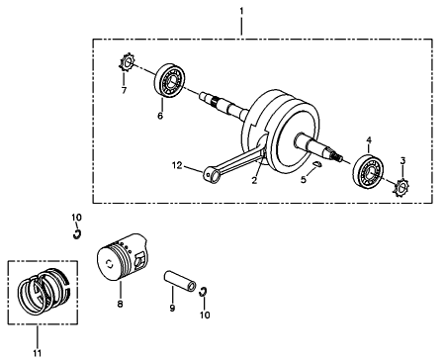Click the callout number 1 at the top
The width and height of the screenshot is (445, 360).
(x=241, y=11)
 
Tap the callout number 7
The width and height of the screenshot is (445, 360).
(x=124, y=90)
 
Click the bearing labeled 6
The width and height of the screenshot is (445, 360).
(x=170, y=80)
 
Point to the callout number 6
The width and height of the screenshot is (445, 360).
(x=160, y=116)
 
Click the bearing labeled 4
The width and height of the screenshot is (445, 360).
(x=369, y=170)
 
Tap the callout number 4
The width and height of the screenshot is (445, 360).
(x=369, y=140)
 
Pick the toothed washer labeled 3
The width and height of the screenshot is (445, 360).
(x=402, y=188)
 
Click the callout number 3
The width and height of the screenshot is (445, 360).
(x=402, y=161)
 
